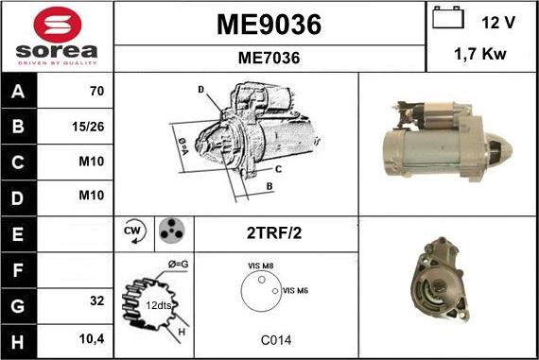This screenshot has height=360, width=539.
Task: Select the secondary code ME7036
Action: point(269,58)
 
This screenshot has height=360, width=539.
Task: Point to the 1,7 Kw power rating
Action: point(481,55)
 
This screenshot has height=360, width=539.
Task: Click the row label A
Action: point(19,92)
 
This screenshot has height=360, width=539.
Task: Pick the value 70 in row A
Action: point(96,92)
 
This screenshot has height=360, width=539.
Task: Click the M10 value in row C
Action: point(91,161)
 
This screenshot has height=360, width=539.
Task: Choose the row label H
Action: point(19,338)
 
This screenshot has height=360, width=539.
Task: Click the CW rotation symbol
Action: point(132,231)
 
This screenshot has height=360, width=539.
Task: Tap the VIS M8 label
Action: point(261,267)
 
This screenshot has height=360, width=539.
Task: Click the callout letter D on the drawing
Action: point(200,90)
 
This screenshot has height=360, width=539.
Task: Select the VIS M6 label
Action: point(296,290)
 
